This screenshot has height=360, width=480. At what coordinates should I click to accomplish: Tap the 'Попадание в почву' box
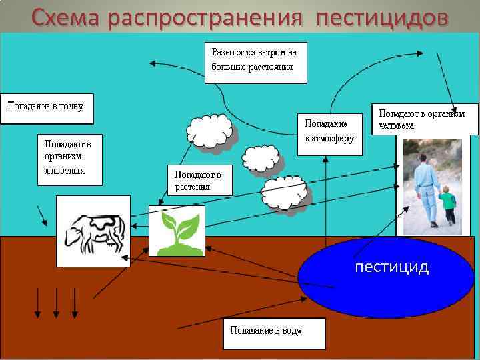pos(46,108)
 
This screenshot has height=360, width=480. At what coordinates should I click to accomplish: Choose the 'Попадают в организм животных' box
pos(69,159)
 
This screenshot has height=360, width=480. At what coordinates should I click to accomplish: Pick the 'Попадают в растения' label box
pos(199,180)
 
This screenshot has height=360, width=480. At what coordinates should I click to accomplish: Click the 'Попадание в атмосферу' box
pos(329,133)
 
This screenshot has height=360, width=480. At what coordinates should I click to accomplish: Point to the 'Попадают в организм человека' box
pos(424,119)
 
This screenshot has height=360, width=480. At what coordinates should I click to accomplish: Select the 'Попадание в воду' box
pos(273,333)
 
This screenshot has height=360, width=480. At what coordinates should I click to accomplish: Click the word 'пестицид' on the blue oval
pos(392,267)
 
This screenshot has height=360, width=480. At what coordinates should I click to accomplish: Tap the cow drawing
pos(93,233)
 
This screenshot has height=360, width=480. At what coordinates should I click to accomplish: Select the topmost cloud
pos(210,131)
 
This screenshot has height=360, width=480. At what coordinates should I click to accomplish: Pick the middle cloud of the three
pos(261,159)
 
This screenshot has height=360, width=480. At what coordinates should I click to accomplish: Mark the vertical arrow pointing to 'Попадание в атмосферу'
pos(326,200)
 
